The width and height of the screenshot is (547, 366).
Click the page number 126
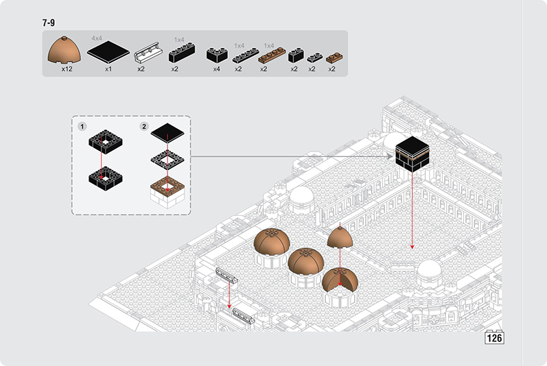(x=494, y=338)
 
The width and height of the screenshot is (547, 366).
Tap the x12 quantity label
(x=67, y=69)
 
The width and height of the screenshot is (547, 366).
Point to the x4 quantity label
(x=217, y=69)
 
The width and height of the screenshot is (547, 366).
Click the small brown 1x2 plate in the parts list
(x=334, y=58)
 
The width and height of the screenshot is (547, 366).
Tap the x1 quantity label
(x=108, y=69)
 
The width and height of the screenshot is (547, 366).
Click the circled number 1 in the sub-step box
(x=82, y=127)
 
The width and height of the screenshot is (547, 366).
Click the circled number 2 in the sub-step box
(x=144, y=127)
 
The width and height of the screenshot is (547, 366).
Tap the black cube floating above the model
(x=412, y=154)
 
